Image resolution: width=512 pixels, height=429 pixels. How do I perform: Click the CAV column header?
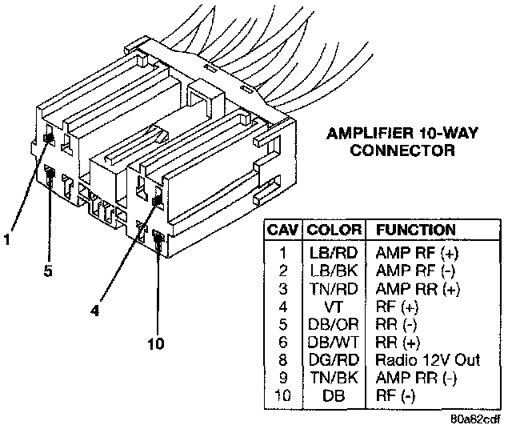coord(283,230)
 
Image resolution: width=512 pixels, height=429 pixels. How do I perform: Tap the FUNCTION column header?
coord(415,230)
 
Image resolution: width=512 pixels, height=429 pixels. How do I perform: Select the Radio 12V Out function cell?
coord(427,359)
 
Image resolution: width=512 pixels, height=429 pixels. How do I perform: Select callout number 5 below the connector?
coord(48,271)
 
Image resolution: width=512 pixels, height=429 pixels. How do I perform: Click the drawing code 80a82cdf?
coord(474,418)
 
